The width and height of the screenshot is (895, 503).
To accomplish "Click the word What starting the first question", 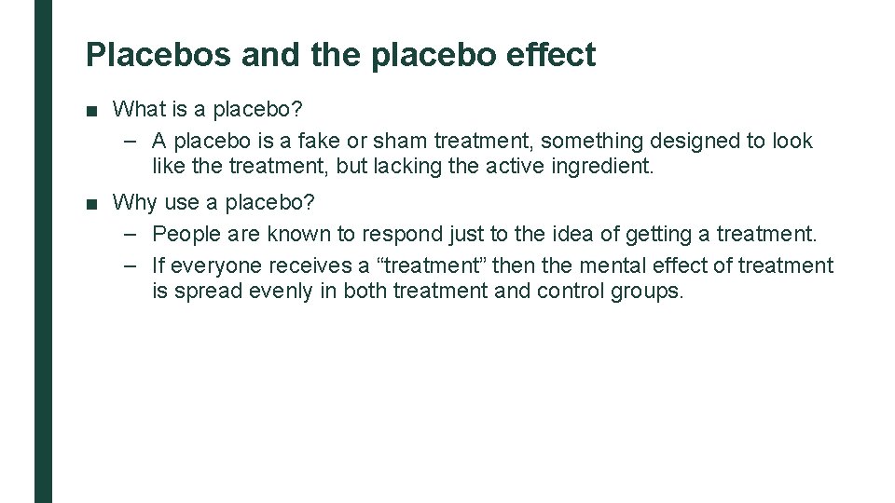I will tap(138, 109).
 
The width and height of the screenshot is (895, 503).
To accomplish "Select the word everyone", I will tap(218, 265).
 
